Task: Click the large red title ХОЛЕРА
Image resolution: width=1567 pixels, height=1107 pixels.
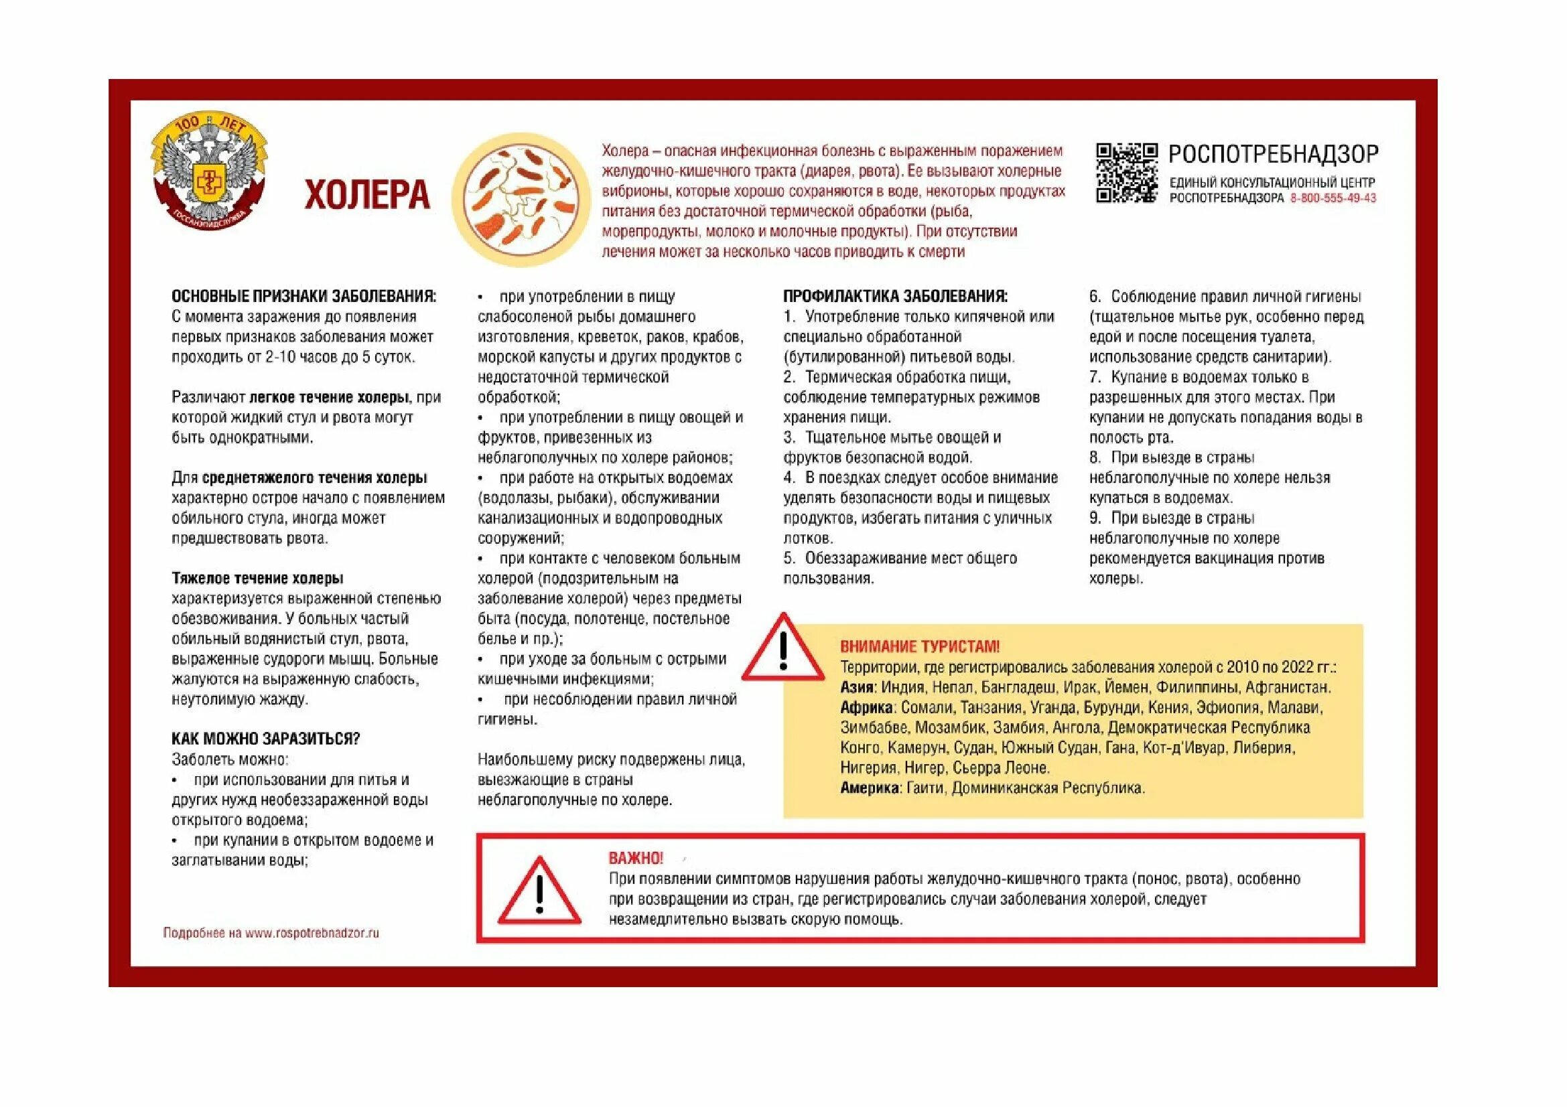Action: click(366, 194)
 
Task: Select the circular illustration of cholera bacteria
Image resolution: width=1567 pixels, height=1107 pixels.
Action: click(521, 199)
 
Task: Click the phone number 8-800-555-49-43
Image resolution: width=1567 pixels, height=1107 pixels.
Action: click(1333, 198)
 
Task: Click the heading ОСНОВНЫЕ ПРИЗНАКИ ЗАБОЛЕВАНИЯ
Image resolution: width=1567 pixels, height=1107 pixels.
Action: click(303, 296)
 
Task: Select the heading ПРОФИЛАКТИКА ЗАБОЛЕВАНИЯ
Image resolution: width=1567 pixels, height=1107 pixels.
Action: click(895, 296)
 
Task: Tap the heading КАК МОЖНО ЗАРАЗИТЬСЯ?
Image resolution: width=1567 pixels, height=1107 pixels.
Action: click(265, 739)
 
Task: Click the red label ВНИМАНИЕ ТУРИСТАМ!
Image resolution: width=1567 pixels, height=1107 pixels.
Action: click(919, 647)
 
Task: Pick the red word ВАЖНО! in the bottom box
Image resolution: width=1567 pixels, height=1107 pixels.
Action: click(635, 858)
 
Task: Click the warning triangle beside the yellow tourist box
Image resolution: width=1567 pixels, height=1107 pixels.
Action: click(784, 649)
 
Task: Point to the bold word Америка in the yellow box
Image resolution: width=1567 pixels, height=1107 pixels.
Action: click(870, 788)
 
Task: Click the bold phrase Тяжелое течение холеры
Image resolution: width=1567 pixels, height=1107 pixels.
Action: click(257, 579)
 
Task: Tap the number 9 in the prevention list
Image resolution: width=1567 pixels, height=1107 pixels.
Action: click(1094, 518)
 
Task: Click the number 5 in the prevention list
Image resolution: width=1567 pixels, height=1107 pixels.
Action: click(789, 559)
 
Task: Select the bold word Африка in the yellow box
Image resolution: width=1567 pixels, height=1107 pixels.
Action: click(866, 707)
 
